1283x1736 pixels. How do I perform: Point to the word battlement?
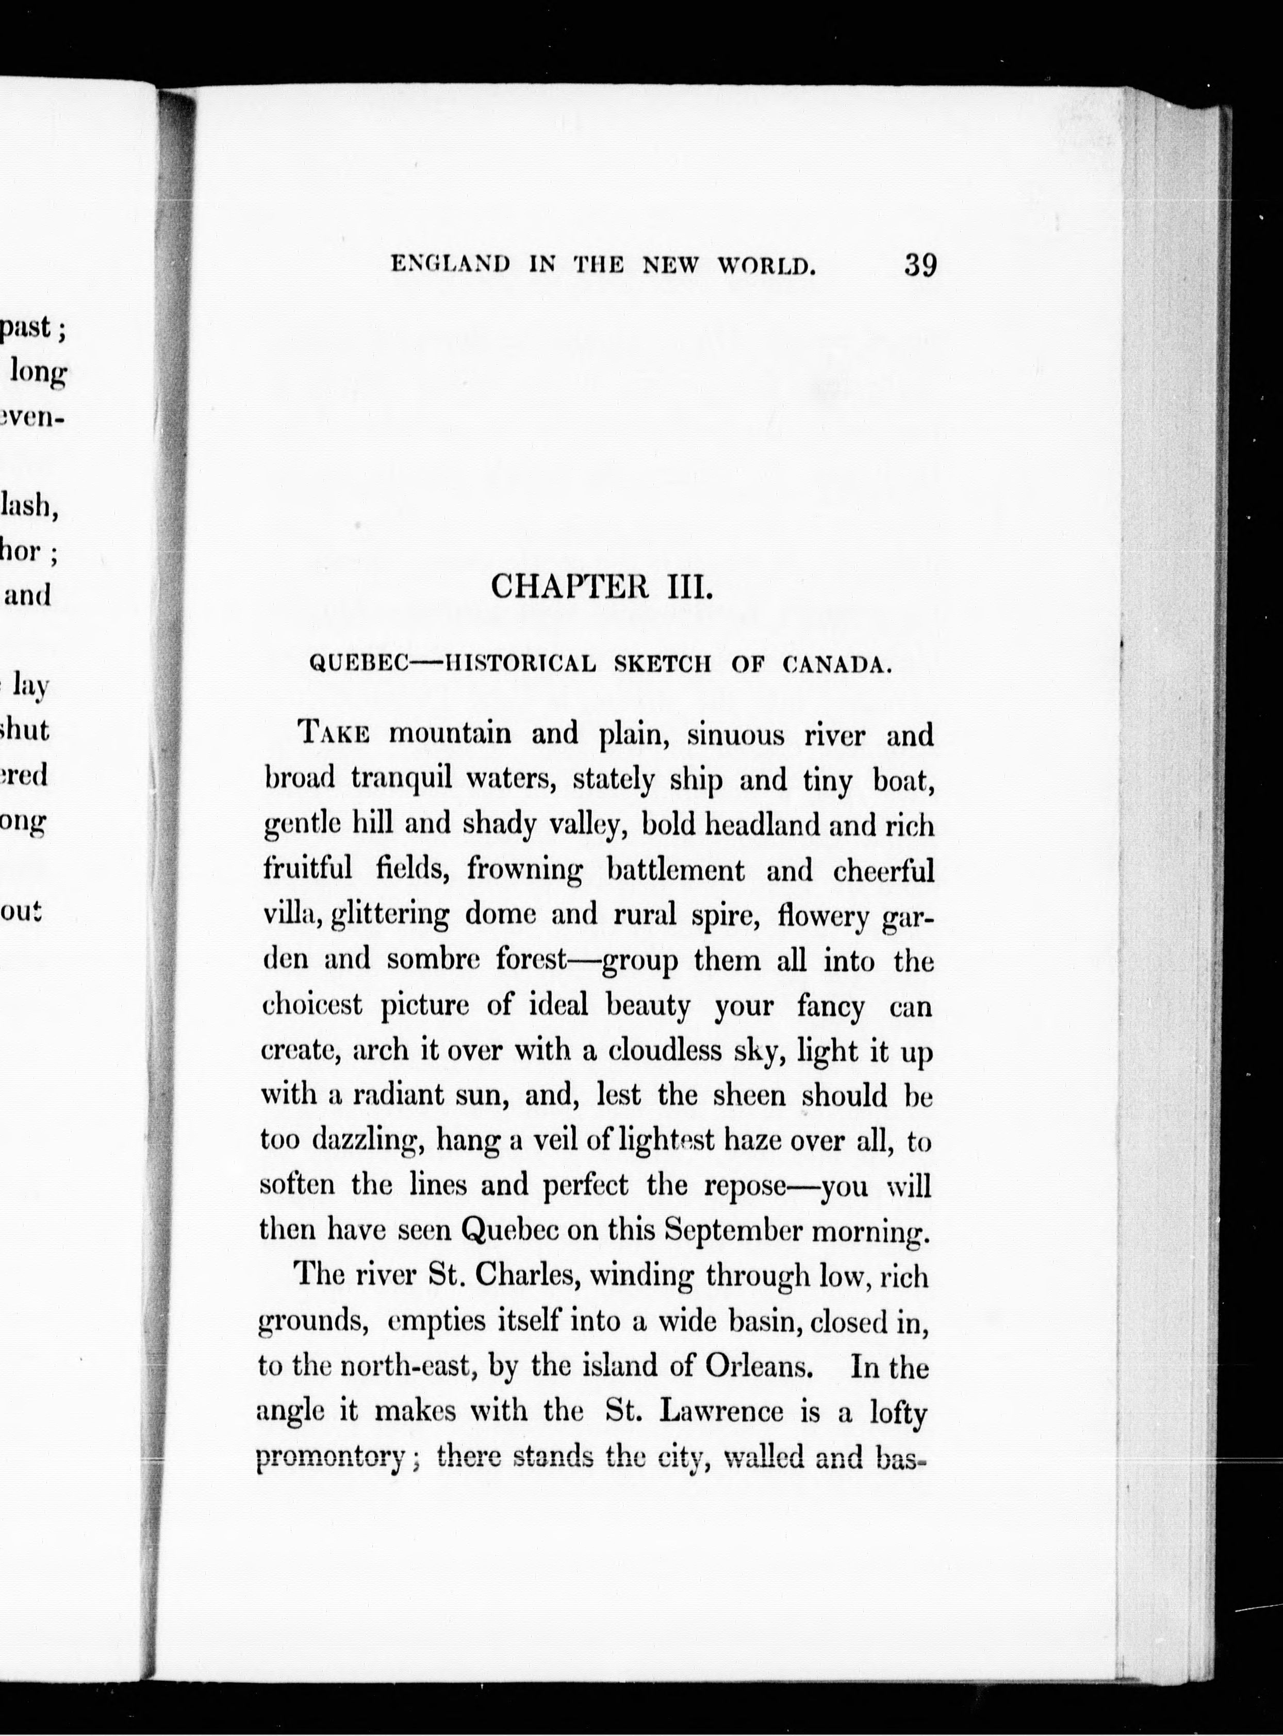coord(675,871)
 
